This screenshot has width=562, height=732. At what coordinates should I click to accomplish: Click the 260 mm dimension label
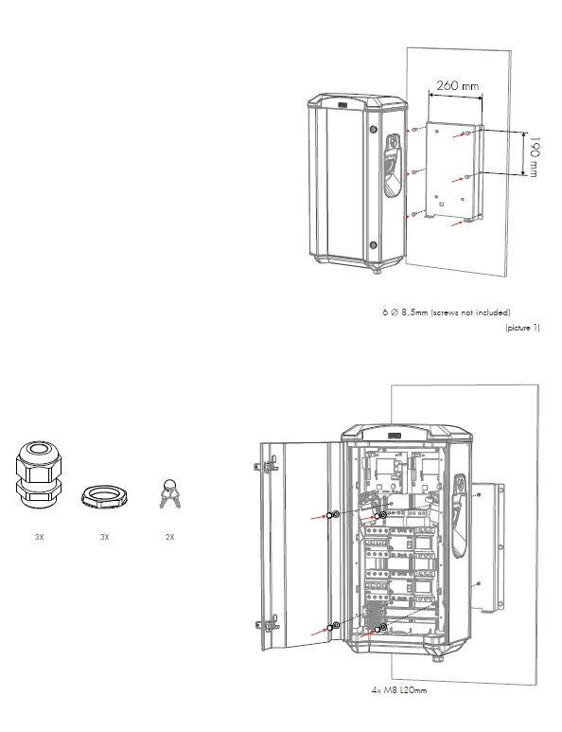pos(457,85)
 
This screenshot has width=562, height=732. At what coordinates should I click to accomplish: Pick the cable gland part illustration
pos(38,476)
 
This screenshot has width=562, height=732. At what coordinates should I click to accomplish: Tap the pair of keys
pos(169,493)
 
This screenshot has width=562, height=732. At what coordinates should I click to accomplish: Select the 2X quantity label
pos(170,536)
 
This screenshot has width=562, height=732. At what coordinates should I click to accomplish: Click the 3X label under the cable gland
pos(39,536)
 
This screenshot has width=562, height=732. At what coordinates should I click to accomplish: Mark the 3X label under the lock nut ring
pos(104,536)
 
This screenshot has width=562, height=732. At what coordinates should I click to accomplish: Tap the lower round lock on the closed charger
pos(374,245)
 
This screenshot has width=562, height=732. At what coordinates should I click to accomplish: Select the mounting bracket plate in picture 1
pos(451,170)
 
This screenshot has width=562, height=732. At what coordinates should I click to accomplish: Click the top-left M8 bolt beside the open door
pos(334,515)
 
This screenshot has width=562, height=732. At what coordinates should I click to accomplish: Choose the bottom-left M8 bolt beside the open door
pos(335,626)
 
